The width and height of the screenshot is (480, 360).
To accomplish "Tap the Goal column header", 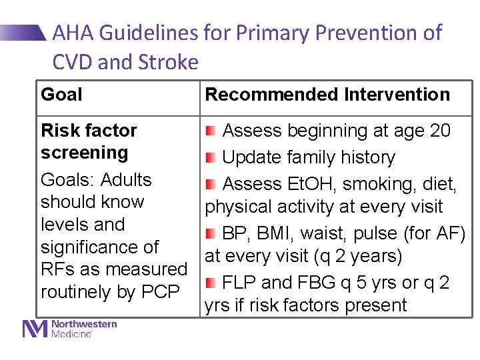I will point(61,95).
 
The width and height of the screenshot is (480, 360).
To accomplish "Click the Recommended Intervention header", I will point(327,95).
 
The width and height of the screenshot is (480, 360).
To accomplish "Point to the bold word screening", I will point(84,153).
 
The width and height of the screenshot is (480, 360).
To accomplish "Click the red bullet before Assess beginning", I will point(211,131).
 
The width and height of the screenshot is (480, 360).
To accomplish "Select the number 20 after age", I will point(440,131).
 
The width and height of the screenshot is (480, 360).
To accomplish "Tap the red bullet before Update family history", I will point(211,157).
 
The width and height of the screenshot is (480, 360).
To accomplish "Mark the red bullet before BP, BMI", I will point(211,233).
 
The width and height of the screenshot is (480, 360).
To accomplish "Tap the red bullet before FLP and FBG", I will point(211,283).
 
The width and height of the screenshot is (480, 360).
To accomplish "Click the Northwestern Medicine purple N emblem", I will point(35,329).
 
